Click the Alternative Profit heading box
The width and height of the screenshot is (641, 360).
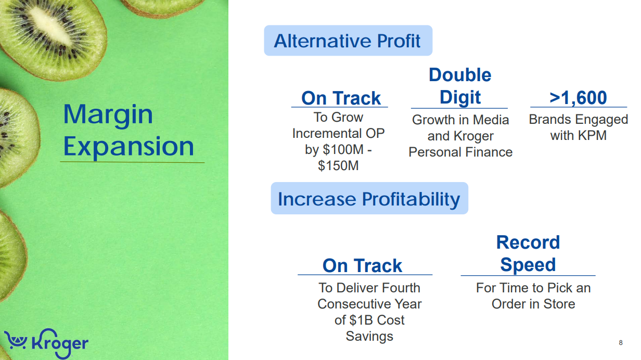coord(348,41)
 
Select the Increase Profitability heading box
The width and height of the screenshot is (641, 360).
coord(369,198)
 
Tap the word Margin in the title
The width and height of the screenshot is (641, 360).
coord(108,114)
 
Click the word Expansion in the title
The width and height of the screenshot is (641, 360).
coord(129,147)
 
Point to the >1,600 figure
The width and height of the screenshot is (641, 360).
coord(578,97)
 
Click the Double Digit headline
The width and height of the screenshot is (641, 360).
coord(460,86)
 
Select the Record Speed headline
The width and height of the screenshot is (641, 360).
coord(528,253)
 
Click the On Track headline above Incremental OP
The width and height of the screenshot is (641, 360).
coord(341,98)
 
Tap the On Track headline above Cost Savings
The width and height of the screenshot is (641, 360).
coord(362,265)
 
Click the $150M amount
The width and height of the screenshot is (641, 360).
coord(338,166)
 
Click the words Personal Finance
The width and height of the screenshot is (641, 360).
coord(460,152)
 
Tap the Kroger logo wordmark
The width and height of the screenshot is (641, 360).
coord(60,343)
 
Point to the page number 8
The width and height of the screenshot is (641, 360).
coord(621,343)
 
